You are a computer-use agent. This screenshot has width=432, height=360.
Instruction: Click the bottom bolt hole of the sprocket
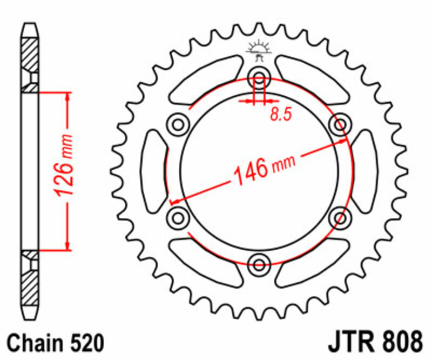coord(259,264)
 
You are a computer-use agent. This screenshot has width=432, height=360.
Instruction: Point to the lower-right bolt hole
coord(340,218)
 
